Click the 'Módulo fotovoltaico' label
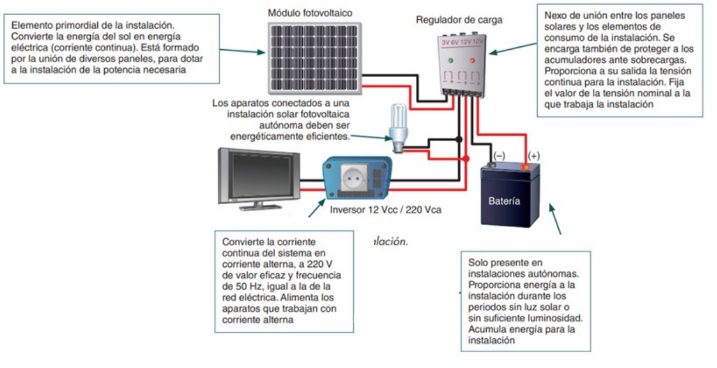[310, 12]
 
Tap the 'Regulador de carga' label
[459, 20]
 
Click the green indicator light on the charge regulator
[450, 61]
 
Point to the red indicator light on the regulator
[470, 61]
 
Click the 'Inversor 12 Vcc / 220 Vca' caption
[386, 209]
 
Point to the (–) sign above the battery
[499, 156]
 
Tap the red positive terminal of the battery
[525, 167]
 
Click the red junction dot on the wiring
[466, 159]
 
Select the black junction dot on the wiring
[458, 139]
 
